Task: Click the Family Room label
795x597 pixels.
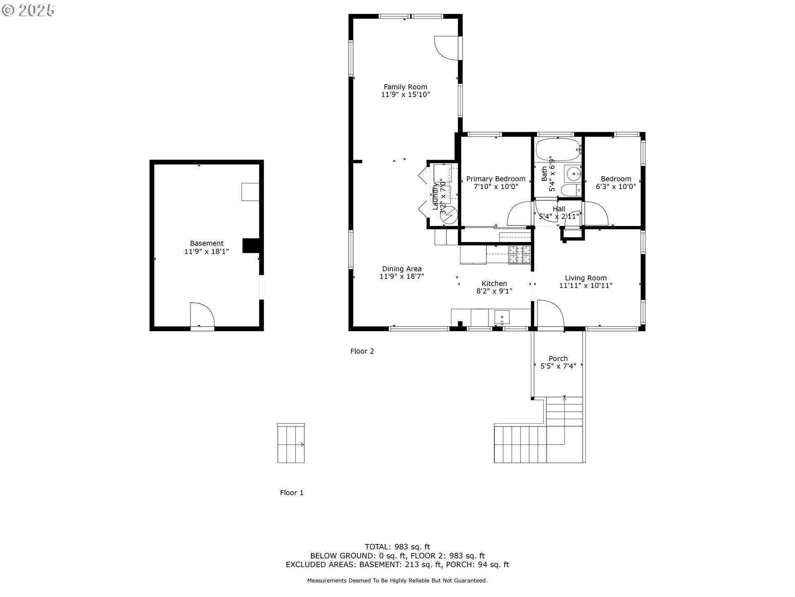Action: tap(405, 87)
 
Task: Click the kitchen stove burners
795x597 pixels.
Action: tap(520, 255)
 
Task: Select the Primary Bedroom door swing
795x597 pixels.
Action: tap(519, 213)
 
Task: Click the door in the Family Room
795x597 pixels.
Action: tap(446, 48)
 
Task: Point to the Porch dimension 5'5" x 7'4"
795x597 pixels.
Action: tap(558, 366)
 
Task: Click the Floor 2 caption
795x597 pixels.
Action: tap(362, 351)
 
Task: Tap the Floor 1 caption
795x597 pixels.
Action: tap(291, 493)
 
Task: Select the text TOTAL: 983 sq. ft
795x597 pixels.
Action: tap(397, 547)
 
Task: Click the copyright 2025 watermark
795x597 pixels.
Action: tap(28, 10)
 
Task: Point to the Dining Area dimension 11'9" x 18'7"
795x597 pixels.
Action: tap(402, 276)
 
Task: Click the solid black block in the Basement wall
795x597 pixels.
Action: tap(251, 245)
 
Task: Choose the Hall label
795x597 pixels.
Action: tap(559, 209)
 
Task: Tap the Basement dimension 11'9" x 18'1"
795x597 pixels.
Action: tap(207, 251)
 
